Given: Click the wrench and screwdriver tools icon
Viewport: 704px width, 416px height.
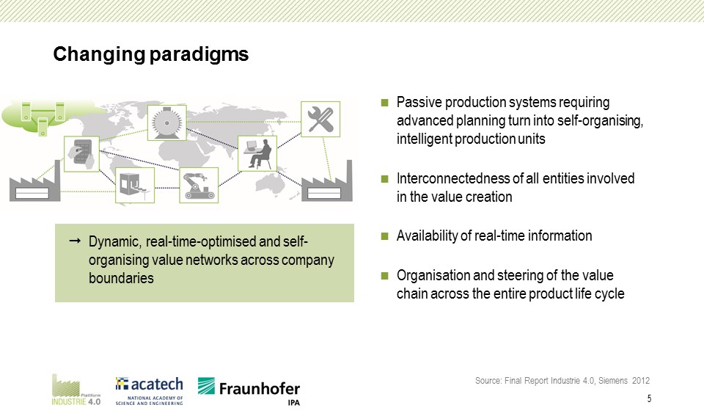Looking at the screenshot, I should [320, 119].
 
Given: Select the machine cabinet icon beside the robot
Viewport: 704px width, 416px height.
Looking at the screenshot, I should [134, 186].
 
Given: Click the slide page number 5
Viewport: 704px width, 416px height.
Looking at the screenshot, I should [650, 399].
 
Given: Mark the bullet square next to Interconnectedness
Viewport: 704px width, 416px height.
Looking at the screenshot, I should [385, 179].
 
